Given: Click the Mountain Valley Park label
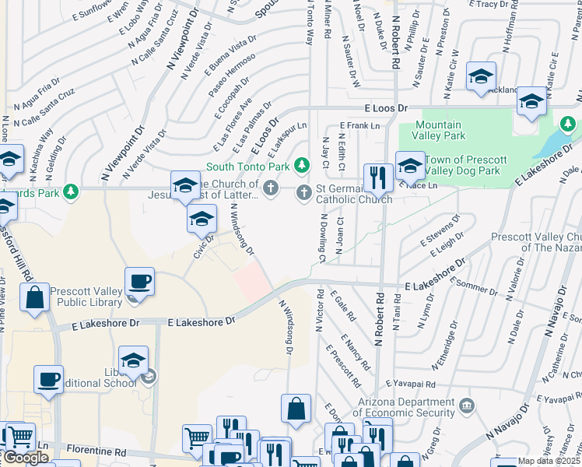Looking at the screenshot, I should tap(438, 130).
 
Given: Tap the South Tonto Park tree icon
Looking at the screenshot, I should tap(302, 166).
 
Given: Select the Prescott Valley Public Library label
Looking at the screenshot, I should tap(86, 297).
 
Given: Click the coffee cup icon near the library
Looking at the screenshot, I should tap(140, 281).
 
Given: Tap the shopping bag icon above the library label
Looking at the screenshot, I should tap(36, 298).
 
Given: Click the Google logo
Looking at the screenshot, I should tap(26, 458).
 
